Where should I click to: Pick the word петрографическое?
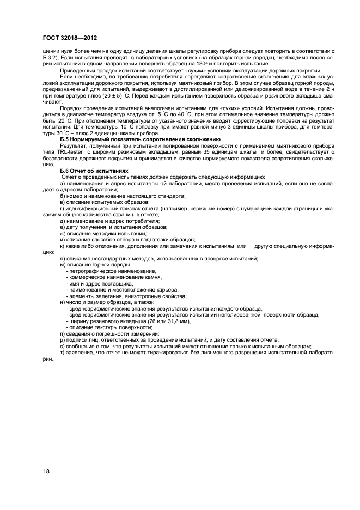coord(91,271)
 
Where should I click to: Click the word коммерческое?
coord(88,277)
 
